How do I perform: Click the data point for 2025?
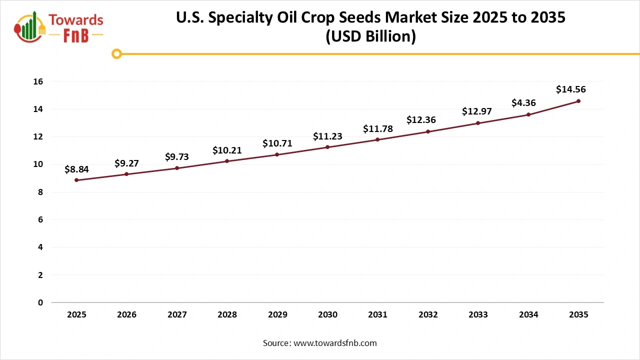pos(76,180)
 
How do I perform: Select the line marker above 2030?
pos(327,147)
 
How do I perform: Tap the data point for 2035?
pos(578,101)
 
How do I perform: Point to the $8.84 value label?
pos(76,169)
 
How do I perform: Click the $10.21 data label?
pos(227,150)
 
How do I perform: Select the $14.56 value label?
pos(570,90)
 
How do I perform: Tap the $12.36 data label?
pos(420,120)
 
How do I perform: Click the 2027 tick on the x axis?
pos(177,314)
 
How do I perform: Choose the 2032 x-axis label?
pos(428,314)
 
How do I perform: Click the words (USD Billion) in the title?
pos(370,36)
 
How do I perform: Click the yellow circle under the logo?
pos(116,53)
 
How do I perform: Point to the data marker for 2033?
pos(478,123)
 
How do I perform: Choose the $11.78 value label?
pos(377,129)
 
